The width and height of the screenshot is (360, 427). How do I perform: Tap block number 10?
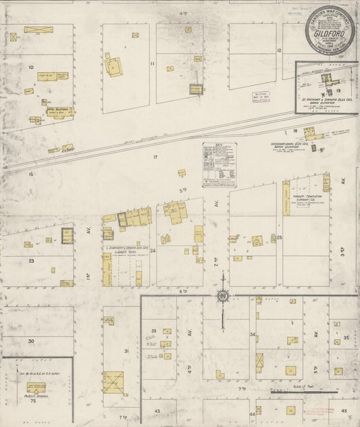pyautogui.click(x=30, y=67)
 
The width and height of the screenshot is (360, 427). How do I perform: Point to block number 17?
pyautogui.click(x=155, y=157)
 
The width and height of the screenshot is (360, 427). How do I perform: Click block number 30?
pyautogui.click(x=31, y=342)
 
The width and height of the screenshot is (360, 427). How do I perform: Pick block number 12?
pyautogui.click(x=278, y=50)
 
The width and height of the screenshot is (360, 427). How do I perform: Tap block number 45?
pyautogui.click(x=343, y=410)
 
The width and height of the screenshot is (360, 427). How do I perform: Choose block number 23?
pyautogui.click(x=31, y=260)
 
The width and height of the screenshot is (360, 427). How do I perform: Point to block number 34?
pyautogui.click(x=253, y=334)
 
